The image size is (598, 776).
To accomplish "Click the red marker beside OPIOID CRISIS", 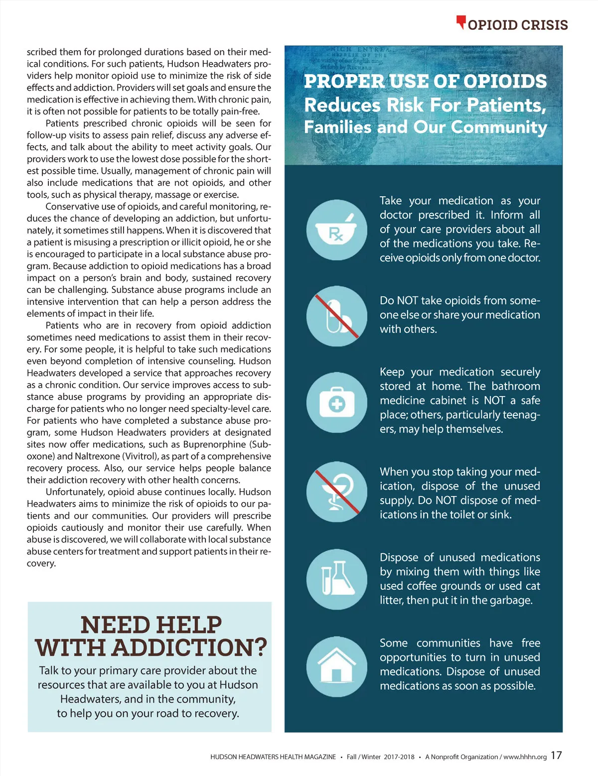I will [x=461, y=22].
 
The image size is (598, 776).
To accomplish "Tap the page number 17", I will [x=556, y=755].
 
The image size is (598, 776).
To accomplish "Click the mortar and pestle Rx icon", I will [x=337, y=230].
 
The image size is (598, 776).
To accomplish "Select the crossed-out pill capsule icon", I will [x=337, y=316].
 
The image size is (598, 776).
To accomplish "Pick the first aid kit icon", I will [x=337, y=402].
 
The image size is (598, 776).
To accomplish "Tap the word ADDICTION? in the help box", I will [x=189, y=647].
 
